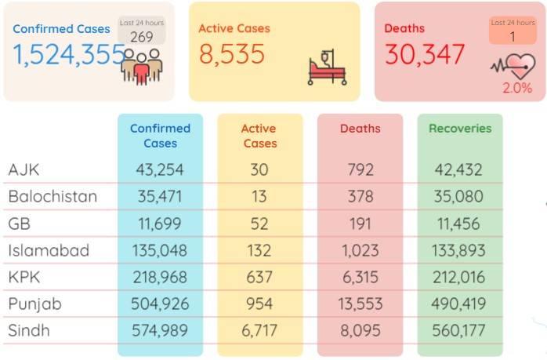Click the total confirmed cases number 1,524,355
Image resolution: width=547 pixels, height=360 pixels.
69,55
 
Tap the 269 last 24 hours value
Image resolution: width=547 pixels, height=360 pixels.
142,37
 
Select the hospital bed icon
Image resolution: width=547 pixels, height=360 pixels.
328,67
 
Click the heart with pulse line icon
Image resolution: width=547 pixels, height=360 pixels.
513,66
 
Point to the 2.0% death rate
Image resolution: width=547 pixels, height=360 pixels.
517,88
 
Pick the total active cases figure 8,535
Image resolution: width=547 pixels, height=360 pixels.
232,55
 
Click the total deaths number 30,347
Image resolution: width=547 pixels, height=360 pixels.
425,55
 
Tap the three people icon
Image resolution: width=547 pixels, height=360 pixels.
142,67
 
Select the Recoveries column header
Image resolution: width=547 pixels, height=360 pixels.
460,129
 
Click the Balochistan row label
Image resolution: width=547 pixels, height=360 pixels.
53,196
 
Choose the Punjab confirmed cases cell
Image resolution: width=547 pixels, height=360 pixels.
160,304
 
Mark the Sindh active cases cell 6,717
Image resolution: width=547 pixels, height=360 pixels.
259,331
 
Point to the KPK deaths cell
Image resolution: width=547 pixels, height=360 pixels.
360,277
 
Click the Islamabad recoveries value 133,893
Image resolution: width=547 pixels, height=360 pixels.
458,250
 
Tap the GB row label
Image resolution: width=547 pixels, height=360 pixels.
19,224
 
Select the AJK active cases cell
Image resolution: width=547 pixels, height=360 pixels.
259,169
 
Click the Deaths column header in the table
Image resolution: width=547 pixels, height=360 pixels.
360,129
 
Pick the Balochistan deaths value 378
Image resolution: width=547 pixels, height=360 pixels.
360,196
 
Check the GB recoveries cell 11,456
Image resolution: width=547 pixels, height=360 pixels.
458,224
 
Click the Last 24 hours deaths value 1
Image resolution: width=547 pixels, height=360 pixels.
513,37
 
